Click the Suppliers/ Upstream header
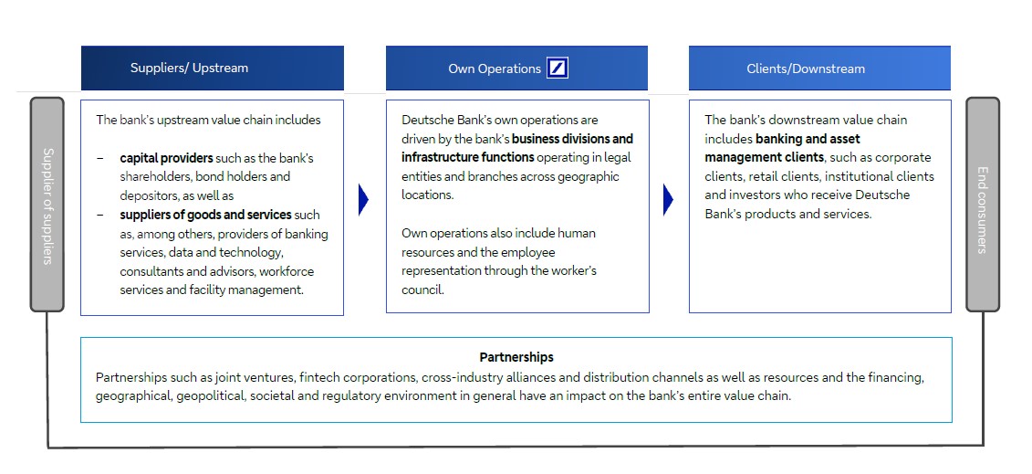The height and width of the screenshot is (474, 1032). [189, 68]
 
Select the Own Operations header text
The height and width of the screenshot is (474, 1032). [495, 68]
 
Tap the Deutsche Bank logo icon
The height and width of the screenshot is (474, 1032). [557, 68]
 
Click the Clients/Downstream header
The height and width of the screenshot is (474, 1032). [806, 68]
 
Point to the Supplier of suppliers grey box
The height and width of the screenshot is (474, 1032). [47, 205]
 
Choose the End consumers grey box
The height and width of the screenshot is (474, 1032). [983, 205]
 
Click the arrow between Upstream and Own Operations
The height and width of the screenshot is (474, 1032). [363, 200]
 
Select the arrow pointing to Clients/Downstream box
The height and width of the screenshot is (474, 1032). [668, 200]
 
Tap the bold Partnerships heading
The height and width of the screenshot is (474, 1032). [516, 357]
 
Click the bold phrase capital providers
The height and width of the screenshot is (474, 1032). [166, 158]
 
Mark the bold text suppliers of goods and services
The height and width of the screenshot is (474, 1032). [205, 215]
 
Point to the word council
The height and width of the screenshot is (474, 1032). [422, 290]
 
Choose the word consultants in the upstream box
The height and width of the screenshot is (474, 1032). [151, 271]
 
